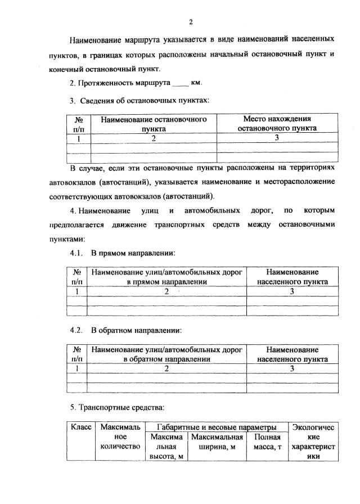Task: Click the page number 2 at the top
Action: click(191, 22)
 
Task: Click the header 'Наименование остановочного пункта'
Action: click(154, 123)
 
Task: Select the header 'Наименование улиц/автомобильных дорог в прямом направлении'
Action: click(166, 276)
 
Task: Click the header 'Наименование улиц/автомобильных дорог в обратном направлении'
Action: click(166, 353)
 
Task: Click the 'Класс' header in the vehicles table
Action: click(80, 428)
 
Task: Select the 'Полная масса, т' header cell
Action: click(268, 442)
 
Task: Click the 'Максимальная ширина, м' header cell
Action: click(217, 442)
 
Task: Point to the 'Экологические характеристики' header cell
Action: click(313, 442)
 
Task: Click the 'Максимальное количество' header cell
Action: click(119, 437)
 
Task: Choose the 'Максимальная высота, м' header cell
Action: click(166, 446)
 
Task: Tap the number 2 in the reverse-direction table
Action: click(166, 368)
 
